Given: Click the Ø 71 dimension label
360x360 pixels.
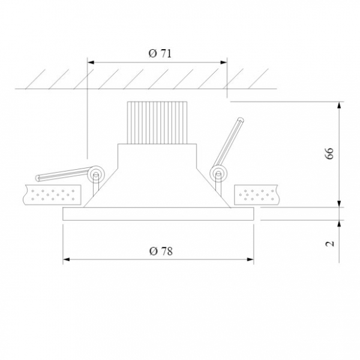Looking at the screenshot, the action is click(x=160, y=53).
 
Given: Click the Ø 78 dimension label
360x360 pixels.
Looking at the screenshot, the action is click(x=161, y=251).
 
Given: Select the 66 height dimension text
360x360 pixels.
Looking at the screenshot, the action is click(x=329, y=154).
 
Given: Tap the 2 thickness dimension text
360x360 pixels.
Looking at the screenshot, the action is click(x=329, y=244).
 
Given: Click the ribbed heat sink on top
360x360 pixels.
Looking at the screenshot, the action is click(x=157, y=122).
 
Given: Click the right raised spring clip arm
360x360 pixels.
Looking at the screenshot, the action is click(x=228, y=142).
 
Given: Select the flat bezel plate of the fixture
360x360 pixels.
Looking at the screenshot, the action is click(x=158, y=214).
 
